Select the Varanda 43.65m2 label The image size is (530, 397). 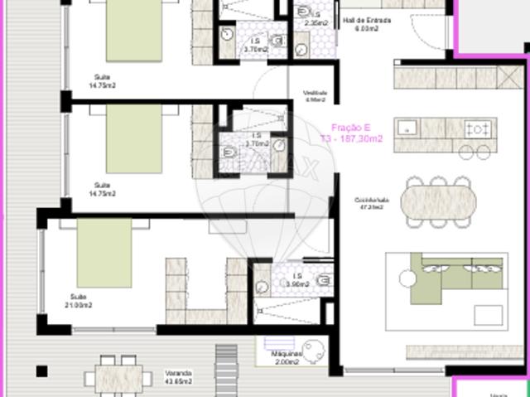[x=177, y=376]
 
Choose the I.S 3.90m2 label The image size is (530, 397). [x=296, y=279]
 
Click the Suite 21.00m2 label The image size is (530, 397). [x=79, y=299]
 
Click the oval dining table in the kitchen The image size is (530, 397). [x=440, y=201]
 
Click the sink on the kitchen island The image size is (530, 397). [x=407, y=128]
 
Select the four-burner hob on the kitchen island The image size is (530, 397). [x=479, y=128]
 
